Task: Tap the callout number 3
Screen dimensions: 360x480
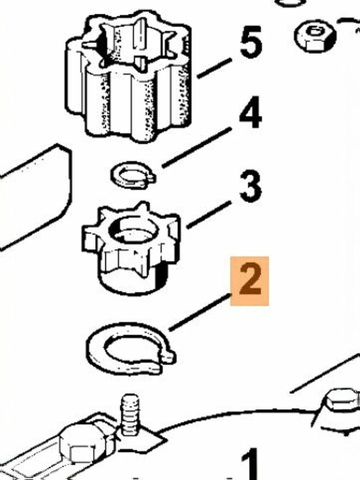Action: (x=250, y=187)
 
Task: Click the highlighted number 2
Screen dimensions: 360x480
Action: (x=250, y=281)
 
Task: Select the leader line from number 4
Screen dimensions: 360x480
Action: (x=197, y=148)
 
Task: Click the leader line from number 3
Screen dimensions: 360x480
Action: (x=209, y=215)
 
